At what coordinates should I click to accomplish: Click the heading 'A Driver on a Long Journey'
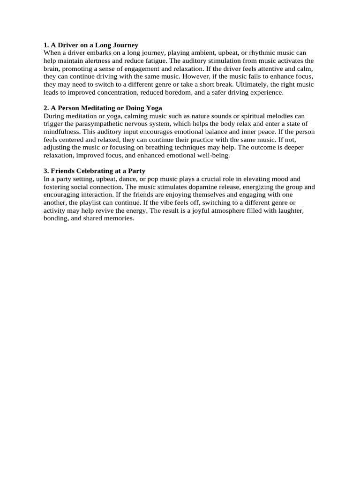click(x=94, y=45)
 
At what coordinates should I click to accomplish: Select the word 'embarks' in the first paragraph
click(x=99, y=53)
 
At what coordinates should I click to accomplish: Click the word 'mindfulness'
click(x=61, y=132)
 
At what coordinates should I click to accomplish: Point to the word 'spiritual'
click(x=249, y=116)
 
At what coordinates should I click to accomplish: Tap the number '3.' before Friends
click(x=46, y=171)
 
